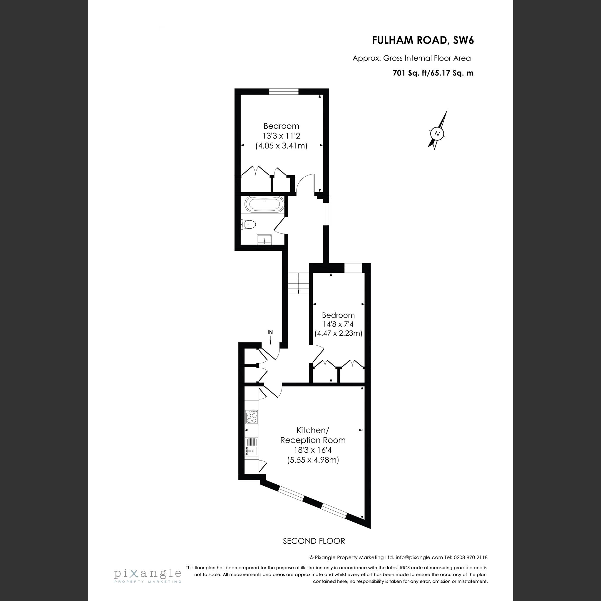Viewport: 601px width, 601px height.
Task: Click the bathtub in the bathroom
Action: [x=264, y=204]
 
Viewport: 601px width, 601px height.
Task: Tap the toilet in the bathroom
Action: [x=249, y=224]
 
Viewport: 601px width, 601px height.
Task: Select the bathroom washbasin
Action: [x=264, y=240]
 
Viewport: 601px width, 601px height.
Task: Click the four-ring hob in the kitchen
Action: [x=252, y=417]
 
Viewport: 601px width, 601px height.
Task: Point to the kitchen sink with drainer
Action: [x=251, y=446]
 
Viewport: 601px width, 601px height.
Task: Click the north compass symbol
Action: [x=437, y=134]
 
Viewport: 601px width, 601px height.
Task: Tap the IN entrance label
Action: [x=270, y=332]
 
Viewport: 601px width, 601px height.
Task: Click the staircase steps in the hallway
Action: [x=298, y=283]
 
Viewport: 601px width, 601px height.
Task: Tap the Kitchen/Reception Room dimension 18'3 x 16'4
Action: [x=313, y=450]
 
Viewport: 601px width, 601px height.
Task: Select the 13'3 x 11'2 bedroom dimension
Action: [x=281, y=136]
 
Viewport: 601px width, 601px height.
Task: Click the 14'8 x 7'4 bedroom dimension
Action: [x=338, y=324]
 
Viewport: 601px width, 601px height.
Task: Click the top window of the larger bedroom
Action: [x=284, y=91]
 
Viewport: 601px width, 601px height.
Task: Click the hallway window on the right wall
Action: [x=325, y=214]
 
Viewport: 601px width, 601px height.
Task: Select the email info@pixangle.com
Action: [x=419, y=558]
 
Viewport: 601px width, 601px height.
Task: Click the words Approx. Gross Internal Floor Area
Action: [x=411, y=58]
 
